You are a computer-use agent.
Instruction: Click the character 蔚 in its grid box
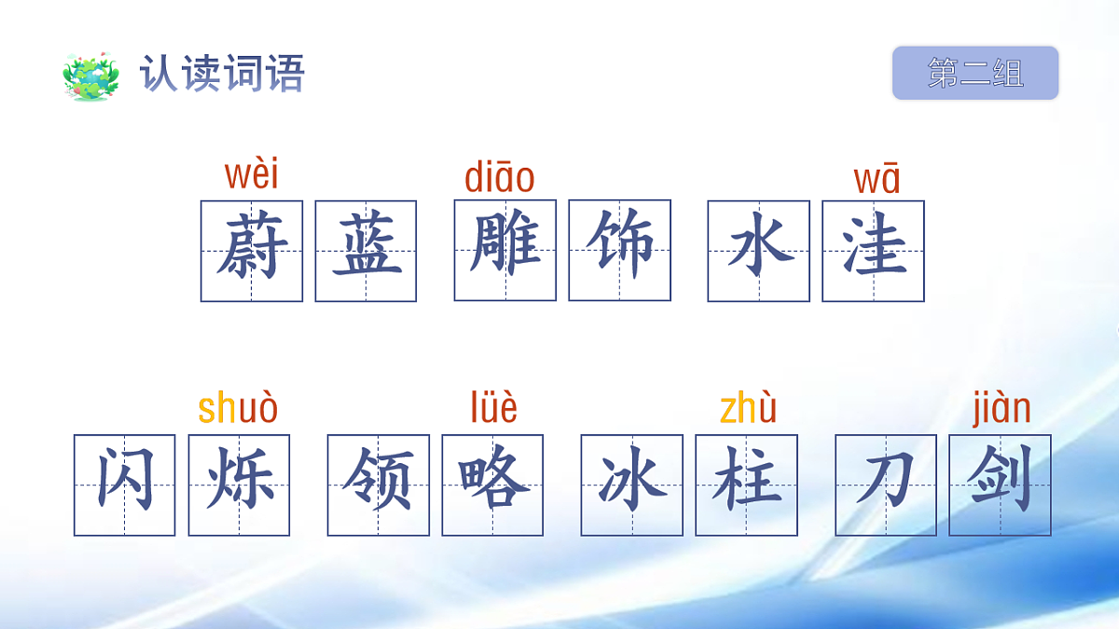point(252,251)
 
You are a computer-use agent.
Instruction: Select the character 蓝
point(366,251)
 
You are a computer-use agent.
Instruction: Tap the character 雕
point(505,250)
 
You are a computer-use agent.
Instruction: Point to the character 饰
point(619,250)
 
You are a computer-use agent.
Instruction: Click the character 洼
point(873,251)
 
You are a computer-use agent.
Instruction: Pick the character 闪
point(125,485)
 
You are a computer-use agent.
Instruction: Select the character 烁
point(239,485)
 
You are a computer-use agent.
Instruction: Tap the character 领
point(379,485)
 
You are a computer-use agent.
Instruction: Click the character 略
point(492,485)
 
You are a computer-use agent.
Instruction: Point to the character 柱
point(746,485)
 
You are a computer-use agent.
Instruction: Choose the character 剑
point(1000,485)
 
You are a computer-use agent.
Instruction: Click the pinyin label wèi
point(252,174)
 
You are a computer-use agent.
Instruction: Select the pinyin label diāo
point(500,177)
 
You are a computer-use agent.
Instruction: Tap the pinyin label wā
point(877,179)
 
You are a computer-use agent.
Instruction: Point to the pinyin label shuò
point(239,409)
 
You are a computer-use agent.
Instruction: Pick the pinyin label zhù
point(748,409)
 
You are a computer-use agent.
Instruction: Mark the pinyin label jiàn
point(1002,409)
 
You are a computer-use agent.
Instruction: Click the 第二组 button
point(975,73)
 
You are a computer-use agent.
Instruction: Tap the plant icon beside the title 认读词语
point(91,75)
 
